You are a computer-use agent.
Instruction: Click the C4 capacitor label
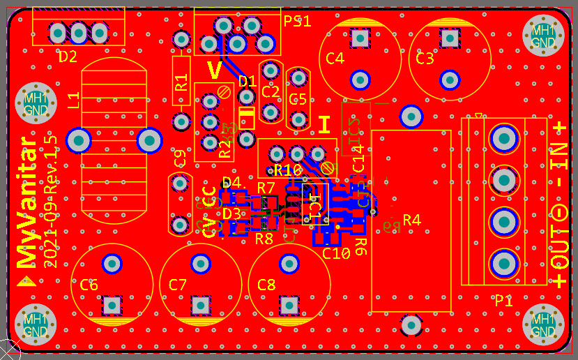pyautogui.click(x=335, y=59)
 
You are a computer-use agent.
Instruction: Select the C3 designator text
pyautogui.click(x=425, y=59)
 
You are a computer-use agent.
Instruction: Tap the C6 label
pyautogui.click(x=89, y=285)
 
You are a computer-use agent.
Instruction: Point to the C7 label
pyautogui.click(x=178, y=285)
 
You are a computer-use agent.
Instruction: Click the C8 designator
pyautogui.click(x=267, y=285)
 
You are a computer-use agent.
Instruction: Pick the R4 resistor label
pyautogui.click(x=412, y=220)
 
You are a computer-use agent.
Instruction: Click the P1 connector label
pyautogui.click(x=503, y=301)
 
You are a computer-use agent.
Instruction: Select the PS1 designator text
pyautogui.click(x=297, y=21)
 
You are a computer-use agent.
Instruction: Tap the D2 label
pyautogui.click(x=68, y=57)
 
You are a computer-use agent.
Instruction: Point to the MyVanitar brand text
pyautogui.click(x=26, y=202)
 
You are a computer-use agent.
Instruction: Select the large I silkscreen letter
pyautogui.click(x=324, y=125)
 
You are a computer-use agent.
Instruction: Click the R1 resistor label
pyautogui.click(x=182, y=83)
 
